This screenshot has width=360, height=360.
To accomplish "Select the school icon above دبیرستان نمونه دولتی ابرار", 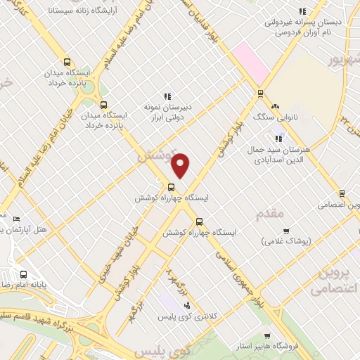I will (x=167, y=96).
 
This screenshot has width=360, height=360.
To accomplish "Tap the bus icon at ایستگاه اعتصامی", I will (x=342, y=193).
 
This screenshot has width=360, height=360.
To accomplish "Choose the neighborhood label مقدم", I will (x=270, y=212).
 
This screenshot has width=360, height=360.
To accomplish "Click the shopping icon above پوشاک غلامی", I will (x=286, y=231).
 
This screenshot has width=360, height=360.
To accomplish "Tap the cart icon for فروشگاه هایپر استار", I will (x=267, y=336).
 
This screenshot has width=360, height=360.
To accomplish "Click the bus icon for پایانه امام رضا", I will (x=24, y=275).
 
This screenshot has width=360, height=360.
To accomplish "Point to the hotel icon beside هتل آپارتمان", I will (x=16, y=219).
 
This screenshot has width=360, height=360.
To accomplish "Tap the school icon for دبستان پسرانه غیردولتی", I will (x=302, y=11).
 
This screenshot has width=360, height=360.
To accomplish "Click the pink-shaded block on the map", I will (x=251, y=62).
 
